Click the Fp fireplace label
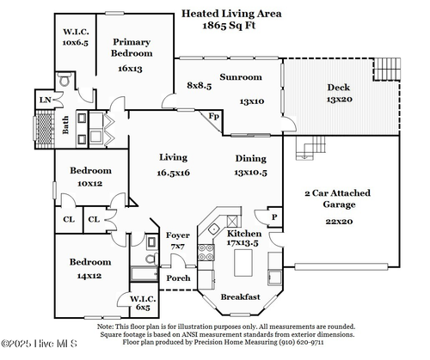tap(214, 116)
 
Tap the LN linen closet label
tap(45, 100)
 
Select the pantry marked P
tap(274, 217)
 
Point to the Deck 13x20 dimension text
tap(340, 100)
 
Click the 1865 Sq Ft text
tap(229, 26)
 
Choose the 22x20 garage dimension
tap(339, 222)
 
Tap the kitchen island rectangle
tap(243, 263)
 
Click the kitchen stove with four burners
tap(206, 253)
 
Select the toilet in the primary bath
tap(64, 79)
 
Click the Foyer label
tap(178, 235)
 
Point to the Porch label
tap(178, 278)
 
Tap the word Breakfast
tap(240, 296)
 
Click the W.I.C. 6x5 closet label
tap(143, 303)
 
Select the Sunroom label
tap(241, 77)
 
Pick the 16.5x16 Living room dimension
tap(174, 173)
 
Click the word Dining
tap(251, 159)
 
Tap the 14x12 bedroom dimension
tap(89, 276)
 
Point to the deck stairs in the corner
tap(386, 69)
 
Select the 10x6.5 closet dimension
tap(76, 43)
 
